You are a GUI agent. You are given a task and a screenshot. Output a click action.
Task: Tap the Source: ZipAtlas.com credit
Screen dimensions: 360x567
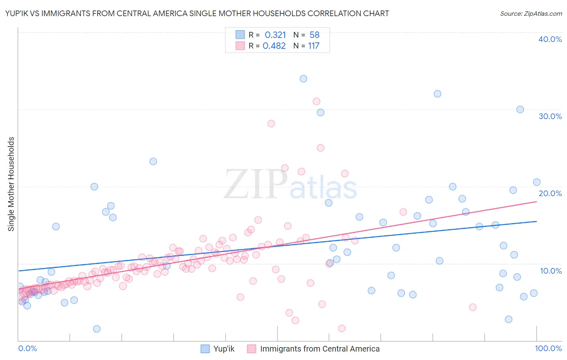pyautogui.click(x=531, y=13)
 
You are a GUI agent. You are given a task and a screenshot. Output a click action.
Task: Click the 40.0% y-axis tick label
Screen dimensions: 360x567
pyautogui.click(x=550, y=39)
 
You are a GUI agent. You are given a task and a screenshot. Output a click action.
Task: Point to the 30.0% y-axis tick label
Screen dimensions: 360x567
pyautogui.click(x=550, y=116)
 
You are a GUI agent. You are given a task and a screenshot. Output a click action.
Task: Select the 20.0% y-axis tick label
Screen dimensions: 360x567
pyautogui.click(x=550, y=193)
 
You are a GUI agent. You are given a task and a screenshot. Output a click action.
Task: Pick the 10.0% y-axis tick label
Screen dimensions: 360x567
pyautogui.click(x=551, y=271)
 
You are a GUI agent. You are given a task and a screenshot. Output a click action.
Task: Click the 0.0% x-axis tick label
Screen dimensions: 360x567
pyautogui.click(x=27, y=348)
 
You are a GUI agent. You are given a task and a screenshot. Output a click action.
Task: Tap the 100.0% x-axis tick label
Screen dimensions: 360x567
pyautogui.click(x=548, y=348)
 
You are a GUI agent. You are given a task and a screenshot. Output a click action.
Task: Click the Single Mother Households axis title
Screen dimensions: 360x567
pyautogui.click(x=11, y=184)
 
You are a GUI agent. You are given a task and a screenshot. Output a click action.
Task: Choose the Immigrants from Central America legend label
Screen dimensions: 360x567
pyautogui.click(x=319, y=349)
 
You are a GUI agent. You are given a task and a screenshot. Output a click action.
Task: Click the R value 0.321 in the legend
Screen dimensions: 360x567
pyautogui.click(x=275, y=35)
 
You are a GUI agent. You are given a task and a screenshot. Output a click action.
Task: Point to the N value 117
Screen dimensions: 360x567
pyautogui.click(x=314, y=46)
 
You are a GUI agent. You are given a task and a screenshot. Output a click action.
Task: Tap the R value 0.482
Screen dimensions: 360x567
pyautogui.click(x=274, y=46)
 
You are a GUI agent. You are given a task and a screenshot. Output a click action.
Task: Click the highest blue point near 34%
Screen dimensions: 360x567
pyautogui.click(x=303, y=79)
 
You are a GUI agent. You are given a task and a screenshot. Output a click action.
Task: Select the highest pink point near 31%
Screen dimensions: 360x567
pyautogui.click(x=317, y=101)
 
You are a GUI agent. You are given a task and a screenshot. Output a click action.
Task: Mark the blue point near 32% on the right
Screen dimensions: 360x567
pyautogui.click(x=437, y=94)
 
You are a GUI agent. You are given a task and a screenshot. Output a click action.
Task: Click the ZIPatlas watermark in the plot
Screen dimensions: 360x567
pyautogui.click(x=290, y=185)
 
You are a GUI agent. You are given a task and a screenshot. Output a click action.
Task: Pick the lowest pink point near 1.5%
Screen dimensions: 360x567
pyautogui.click(x=342, y=329)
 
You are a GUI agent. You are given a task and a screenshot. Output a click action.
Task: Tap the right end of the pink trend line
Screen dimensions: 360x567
pyautogui.click(x=536, y=201)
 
